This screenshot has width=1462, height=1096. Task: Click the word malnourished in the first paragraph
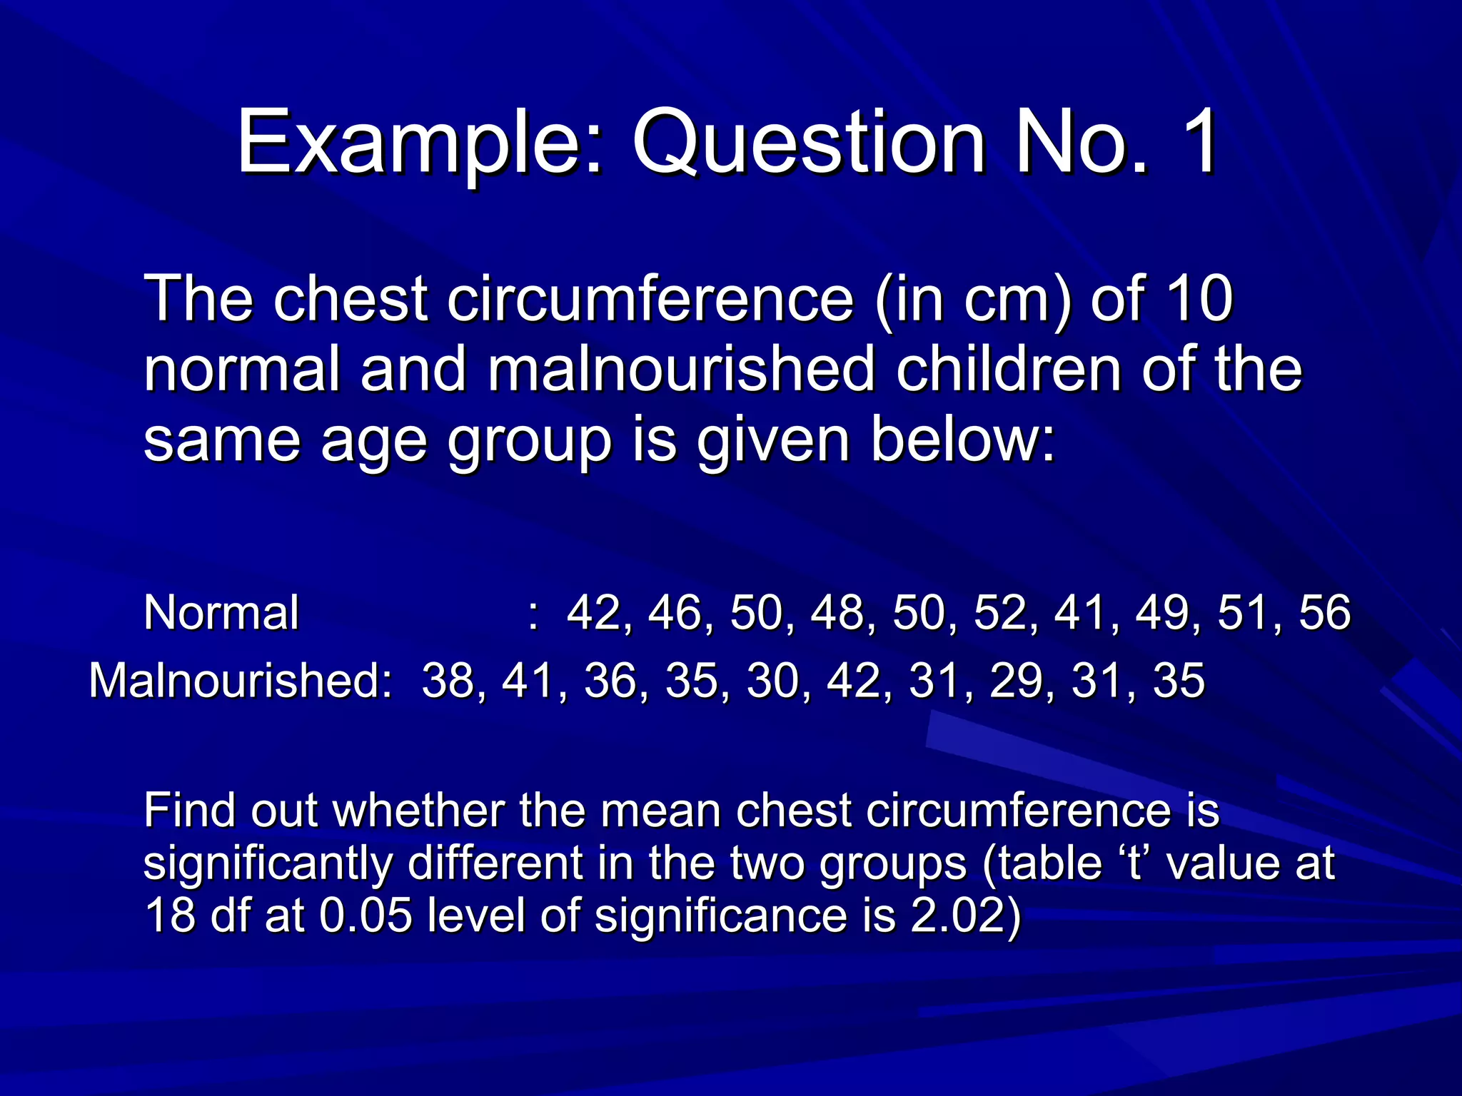tap(682, 370)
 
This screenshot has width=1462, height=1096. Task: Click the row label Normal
tap(221, 612)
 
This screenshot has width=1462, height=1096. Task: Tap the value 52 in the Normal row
tap(999, 612)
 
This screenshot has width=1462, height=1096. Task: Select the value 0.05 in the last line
tap(365, 915)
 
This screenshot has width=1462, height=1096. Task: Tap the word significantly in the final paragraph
tap(268, 863)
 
